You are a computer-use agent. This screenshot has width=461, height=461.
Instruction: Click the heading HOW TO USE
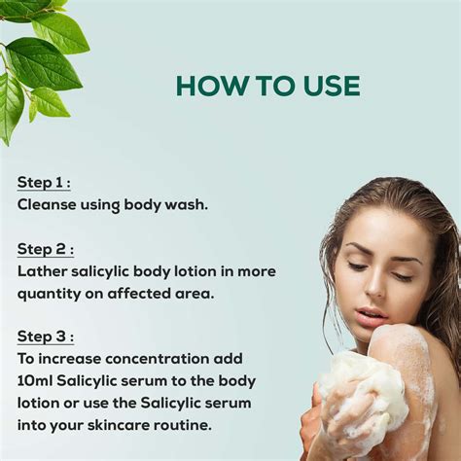tap(267, 86)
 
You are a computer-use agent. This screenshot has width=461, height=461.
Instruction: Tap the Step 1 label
tap(43, 183)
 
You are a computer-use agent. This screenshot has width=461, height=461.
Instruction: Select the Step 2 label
tap(45, 249)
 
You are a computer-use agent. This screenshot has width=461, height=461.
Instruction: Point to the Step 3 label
tap(45, 337)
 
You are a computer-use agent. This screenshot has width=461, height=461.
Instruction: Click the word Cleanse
tap(48, 205)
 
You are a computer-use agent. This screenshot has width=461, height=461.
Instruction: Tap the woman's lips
tap(371, 315)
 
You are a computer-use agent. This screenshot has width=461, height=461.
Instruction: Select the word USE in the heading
tap(325, 86)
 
